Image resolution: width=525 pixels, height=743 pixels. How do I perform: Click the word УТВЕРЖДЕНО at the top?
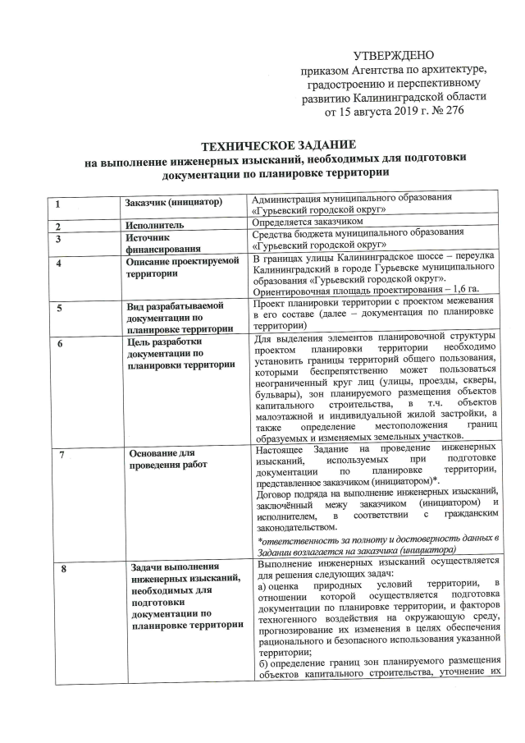[392, 56]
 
